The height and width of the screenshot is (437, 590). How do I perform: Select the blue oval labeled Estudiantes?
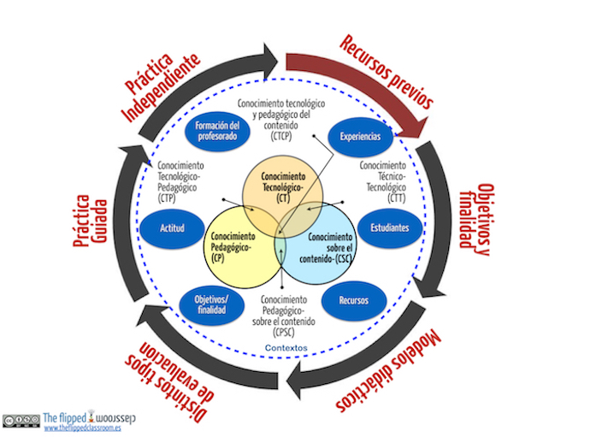366,228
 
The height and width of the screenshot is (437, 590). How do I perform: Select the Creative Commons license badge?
21,420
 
